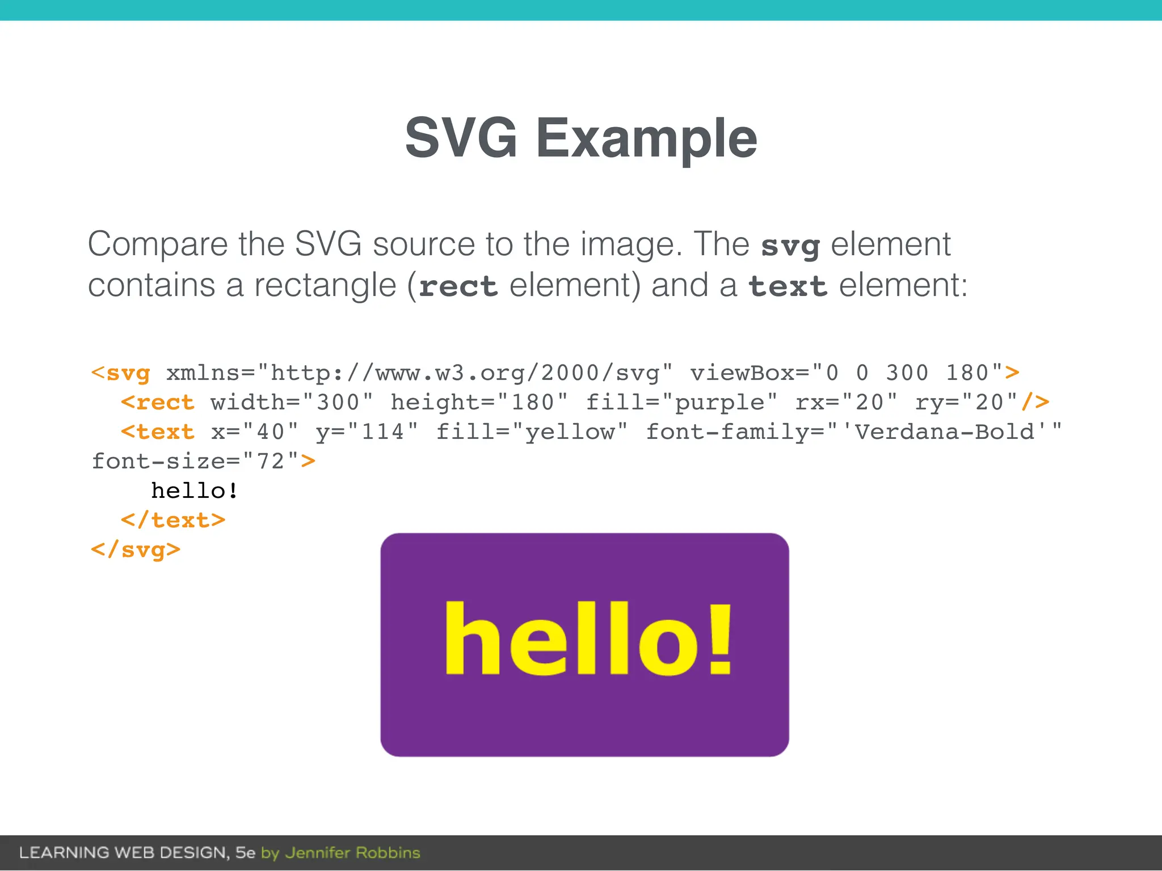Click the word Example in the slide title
[x=646, y=138]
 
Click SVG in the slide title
[x=461, y=138]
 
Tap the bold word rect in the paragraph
[x=458, y=286]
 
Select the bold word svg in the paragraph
[x=790, y=246]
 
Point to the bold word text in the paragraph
[x=788, y=286]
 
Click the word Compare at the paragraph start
[x=158, y=245]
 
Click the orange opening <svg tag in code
[x=121, y=373]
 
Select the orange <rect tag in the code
[x=158, y=403]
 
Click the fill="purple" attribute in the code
[x=681, y=403]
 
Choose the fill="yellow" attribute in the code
[x=532, y=432]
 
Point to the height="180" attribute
[x=479, y=403]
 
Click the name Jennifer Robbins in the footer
[x=352, y=853]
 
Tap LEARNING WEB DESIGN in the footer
[x=123, y=853]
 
